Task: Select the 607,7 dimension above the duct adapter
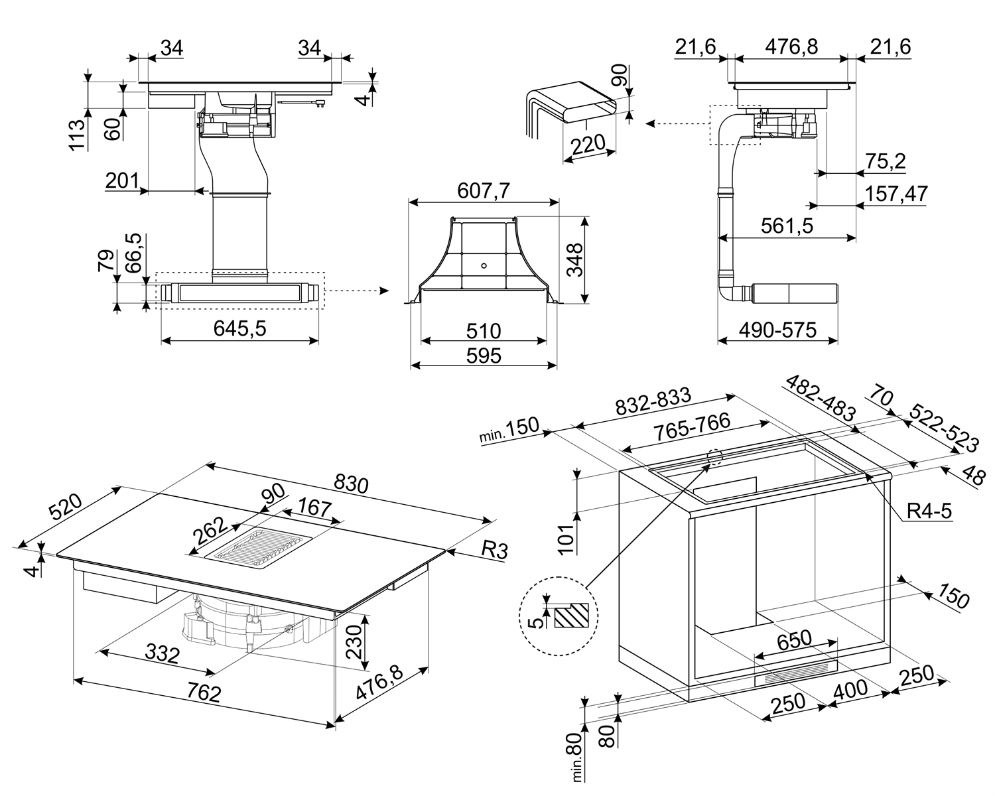(483, 191)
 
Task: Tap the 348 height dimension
(574, 259)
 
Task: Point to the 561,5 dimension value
(787, 226)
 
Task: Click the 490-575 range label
(777, 329)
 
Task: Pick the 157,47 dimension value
(896, 194)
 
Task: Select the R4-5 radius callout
(929, 511)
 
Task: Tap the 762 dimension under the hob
(202, 693)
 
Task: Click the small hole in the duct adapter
(484, 266)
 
